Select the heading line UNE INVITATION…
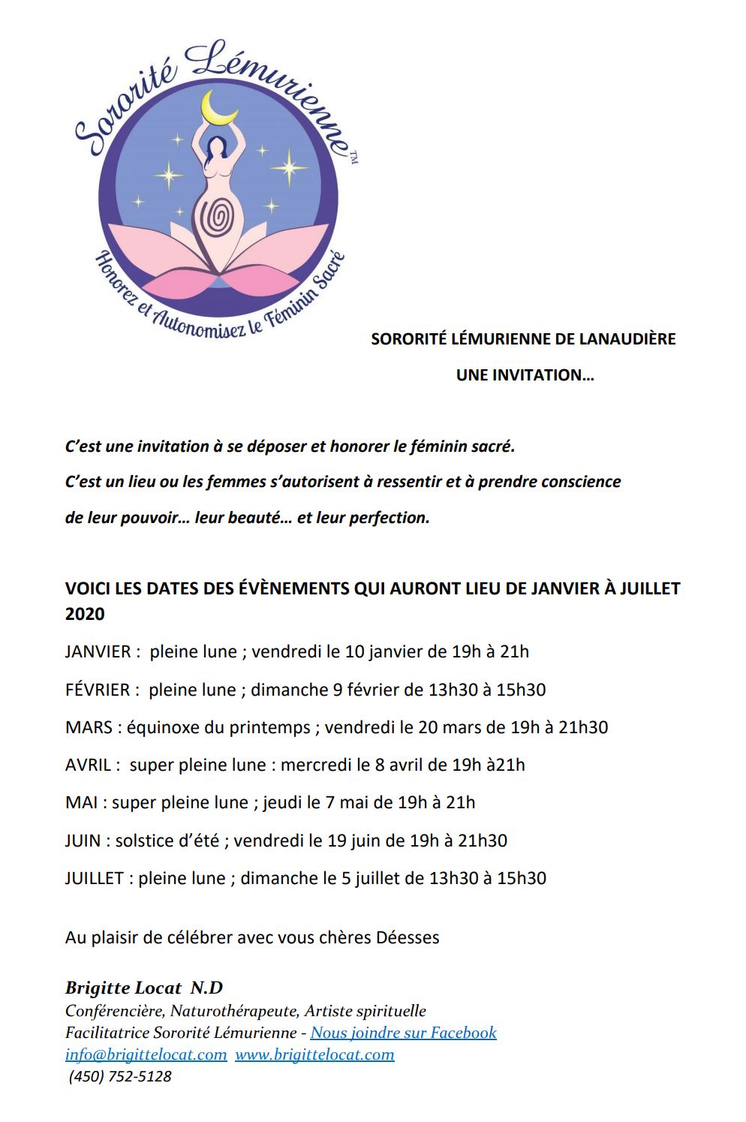click(525, 375)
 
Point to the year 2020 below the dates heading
click(85, 614)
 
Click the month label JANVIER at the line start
click(98, 651)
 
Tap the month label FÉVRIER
click(98, 689)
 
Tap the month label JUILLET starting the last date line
click(95, 878)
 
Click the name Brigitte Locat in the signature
click(123, 988)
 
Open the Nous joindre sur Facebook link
click(403, 1033)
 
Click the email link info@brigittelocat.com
click(146, 1054)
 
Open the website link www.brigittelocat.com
click(314, 1054)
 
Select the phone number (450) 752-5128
click(120, 1076)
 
